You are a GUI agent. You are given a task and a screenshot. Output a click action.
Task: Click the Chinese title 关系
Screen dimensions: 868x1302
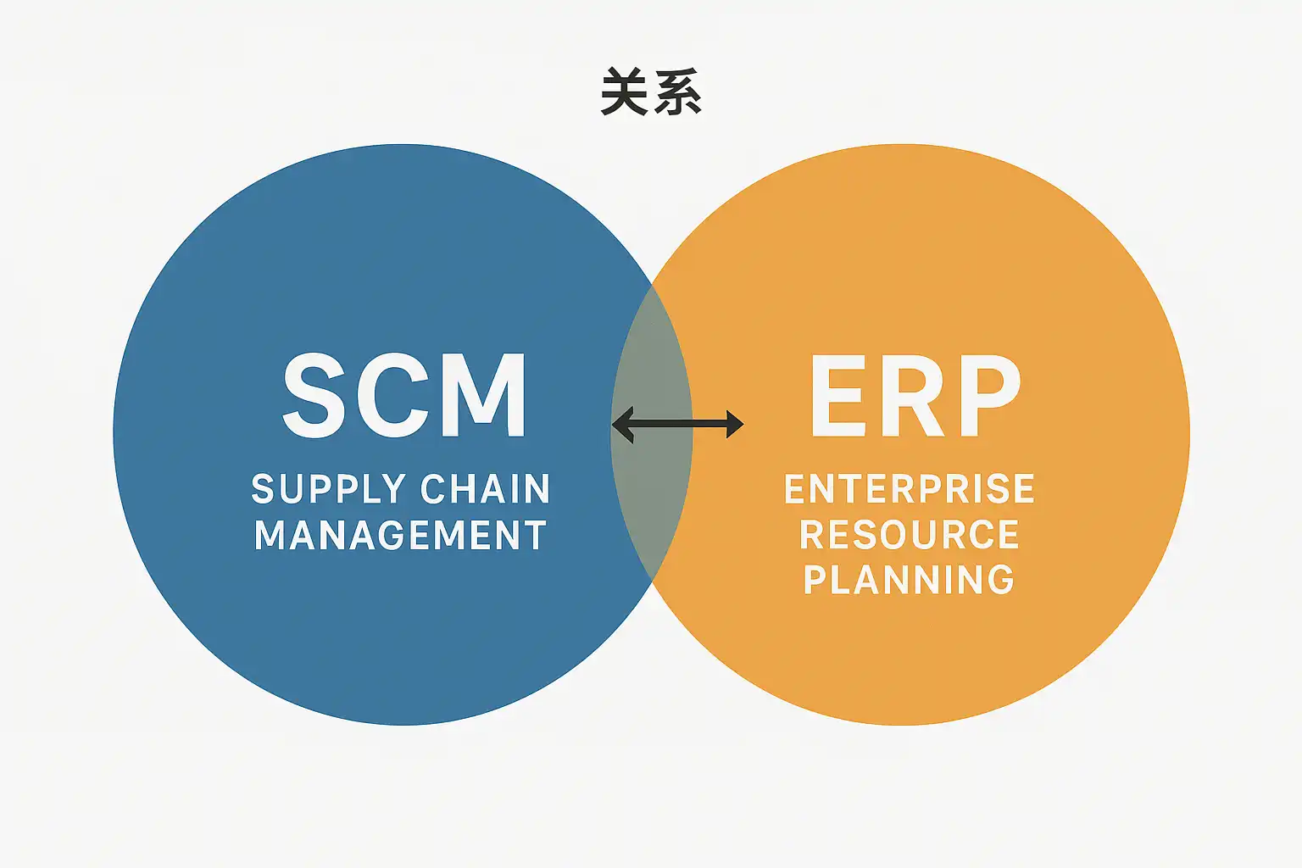(651, 92)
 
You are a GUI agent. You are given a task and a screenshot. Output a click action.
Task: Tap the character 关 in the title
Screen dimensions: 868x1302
(626, 92)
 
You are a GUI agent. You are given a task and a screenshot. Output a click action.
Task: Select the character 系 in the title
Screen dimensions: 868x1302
(677, 92)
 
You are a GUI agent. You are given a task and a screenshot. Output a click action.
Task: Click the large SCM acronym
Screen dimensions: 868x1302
(405, 396)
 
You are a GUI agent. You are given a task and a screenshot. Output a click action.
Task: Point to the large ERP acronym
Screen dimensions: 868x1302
(915, 396)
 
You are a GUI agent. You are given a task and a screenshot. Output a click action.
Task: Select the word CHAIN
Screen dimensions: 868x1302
(486, 489)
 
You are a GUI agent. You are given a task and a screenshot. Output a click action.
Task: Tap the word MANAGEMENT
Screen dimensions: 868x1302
(400, 535)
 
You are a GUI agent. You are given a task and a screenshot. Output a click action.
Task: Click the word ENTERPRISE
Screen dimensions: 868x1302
(910, 489)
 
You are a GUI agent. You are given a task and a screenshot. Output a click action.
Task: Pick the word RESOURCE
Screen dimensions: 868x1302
(910, 535)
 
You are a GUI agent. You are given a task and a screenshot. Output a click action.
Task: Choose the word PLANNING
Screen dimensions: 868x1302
(909, 580)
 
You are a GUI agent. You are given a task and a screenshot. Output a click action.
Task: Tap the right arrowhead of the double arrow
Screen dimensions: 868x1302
(734, 424)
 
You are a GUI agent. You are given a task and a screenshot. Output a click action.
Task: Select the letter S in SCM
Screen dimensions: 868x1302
(314, 396)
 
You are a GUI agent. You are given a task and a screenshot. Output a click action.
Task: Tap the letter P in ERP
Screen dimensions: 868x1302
(989, 396)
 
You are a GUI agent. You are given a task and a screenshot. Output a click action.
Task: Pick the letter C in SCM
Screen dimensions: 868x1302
(397, 396)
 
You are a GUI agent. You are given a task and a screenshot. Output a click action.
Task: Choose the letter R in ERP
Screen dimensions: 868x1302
(914, 396)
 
